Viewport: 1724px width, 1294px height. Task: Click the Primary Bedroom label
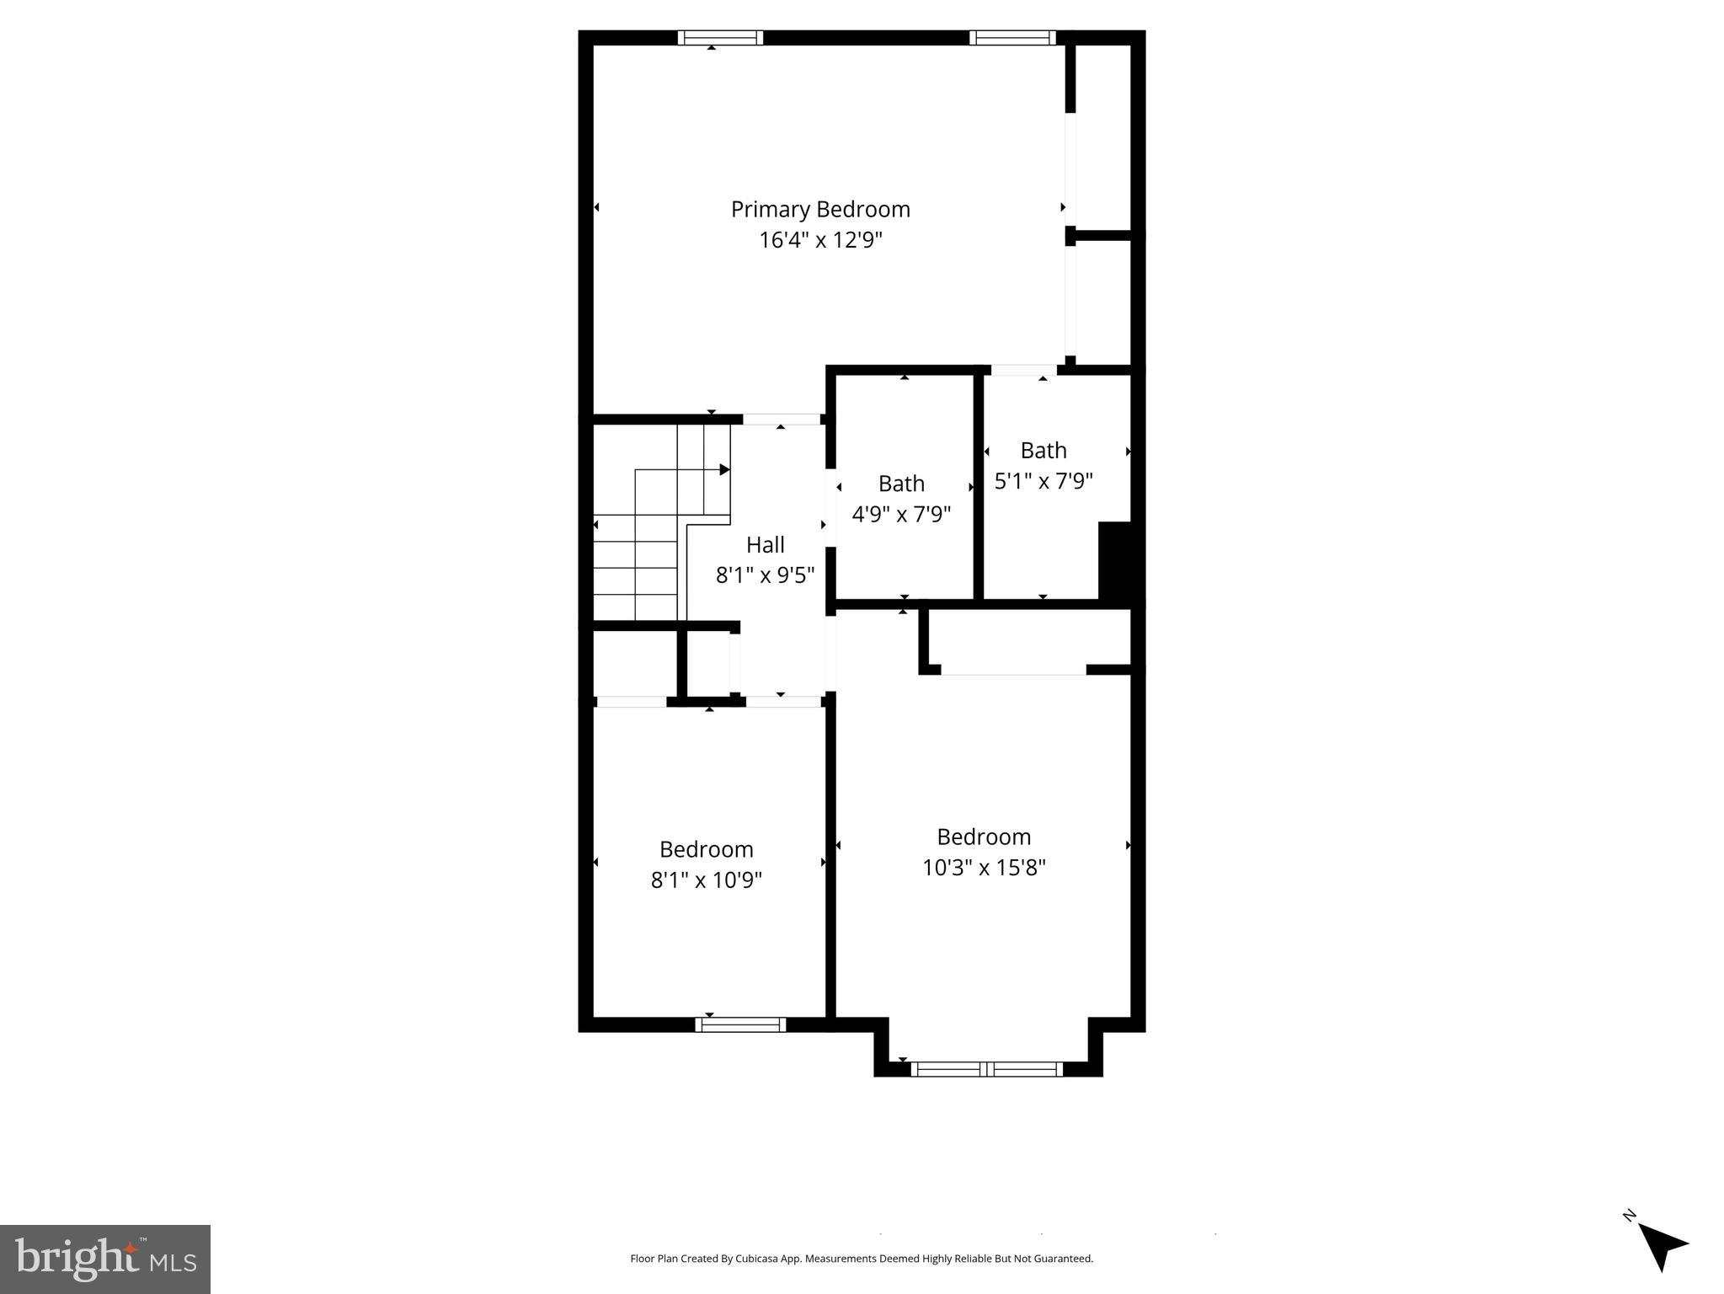[x=819, y=209]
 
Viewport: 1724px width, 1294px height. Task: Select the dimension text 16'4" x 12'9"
[x=819, y=240]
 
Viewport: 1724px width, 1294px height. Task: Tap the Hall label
[x=765, y=544]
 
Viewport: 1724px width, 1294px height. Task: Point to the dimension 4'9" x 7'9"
[x=901, y=514]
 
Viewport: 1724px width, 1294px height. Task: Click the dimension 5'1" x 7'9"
[x=1043, y=481]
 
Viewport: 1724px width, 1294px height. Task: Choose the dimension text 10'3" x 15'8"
[x=984, y=867]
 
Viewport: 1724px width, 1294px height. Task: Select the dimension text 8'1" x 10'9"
[x=706, y=880]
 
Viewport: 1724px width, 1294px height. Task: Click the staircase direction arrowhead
[x=724, y=469]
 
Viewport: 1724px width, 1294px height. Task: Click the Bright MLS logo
[x=105, y=1259]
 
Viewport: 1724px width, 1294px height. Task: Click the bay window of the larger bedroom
[x=987, y=1069]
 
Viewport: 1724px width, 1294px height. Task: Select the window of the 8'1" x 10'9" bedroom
[x=740, y=1024]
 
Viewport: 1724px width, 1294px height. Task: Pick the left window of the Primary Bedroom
[x=720, y=38]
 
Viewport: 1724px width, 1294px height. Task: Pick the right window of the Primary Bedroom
[x=1011, y=38]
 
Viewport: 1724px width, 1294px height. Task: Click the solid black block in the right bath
[x=1116, y=560]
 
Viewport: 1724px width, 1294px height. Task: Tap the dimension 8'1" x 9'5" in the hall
[x=765, y=575]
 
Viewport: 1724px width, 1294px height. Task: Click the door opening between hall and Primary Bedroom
[x=781, y=419]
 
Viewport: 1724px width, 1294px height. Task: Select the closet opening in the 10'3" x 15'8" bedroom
[x=1013, y=670]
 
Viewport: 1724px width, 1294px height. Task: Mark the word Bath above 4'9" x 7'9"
[x=901, y=484]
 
